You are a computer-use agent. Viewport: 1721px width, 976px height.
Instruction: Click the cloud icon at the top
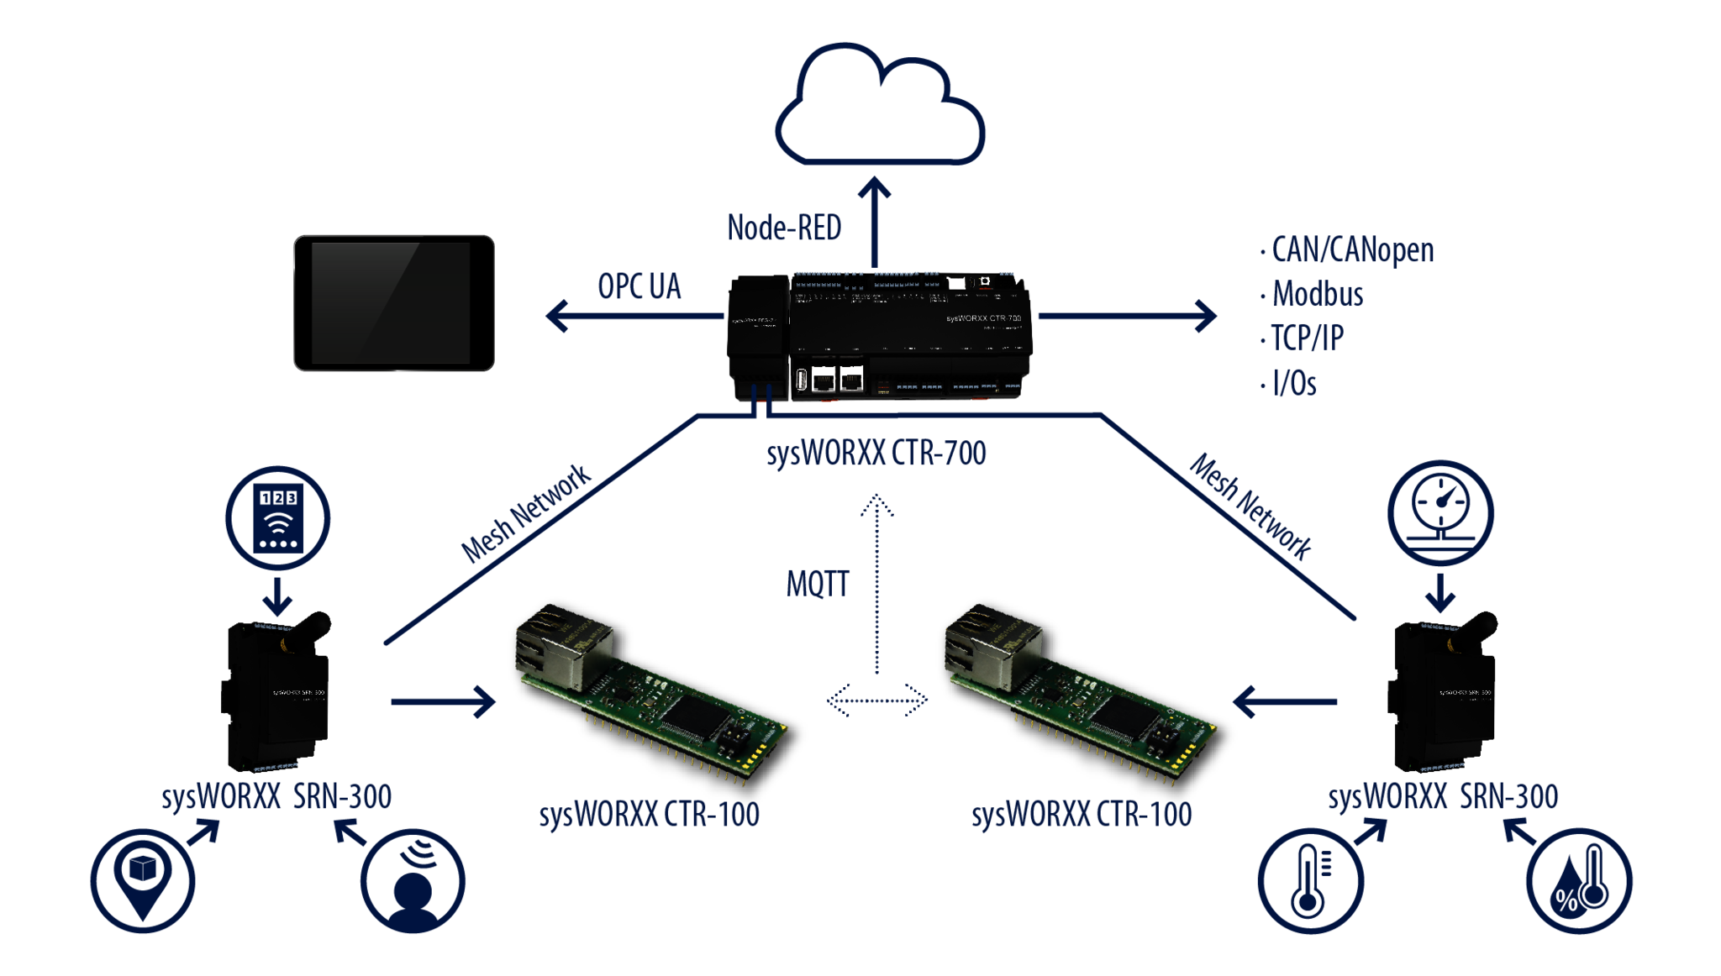(879, 105)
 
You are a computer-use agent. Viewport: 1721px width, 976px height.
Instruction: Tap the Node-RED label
(783, 228)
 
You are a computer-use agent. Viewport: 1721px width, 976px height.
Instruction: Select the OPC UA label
(639, 286)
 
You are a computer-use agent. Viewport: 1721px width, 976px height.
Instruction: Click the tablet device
(393, 303)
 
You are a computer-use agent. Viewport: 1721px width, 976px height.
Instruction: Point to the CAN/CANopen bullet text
(1352, 250)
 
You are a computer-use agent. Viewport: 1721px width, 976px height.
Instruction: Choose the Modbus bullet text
(1317, 295)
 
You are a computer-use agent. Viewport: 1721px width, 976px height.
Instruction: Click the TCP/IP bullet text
(1307, 338)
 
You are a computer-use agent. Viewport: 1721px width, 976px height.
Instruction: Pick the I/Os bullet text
(1294, 383)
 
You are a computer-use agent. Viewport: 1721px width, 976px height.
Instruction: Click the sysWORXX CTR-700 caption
(876, 454)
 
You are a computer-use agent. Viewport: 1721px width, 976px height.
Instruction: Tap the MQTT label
(818, 584)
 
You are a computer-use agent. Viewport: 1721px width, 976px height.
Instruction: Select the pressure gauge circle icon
(1440, 514)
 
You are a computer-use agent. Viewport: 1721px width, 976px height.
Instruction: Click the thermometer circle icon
(1310, 880)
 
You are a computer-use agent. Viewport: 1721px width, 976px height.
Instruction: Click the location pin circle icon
(143, 880)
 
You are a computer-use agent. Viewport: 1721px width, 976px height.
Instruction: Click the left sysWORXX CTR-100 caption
(649, 815)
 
